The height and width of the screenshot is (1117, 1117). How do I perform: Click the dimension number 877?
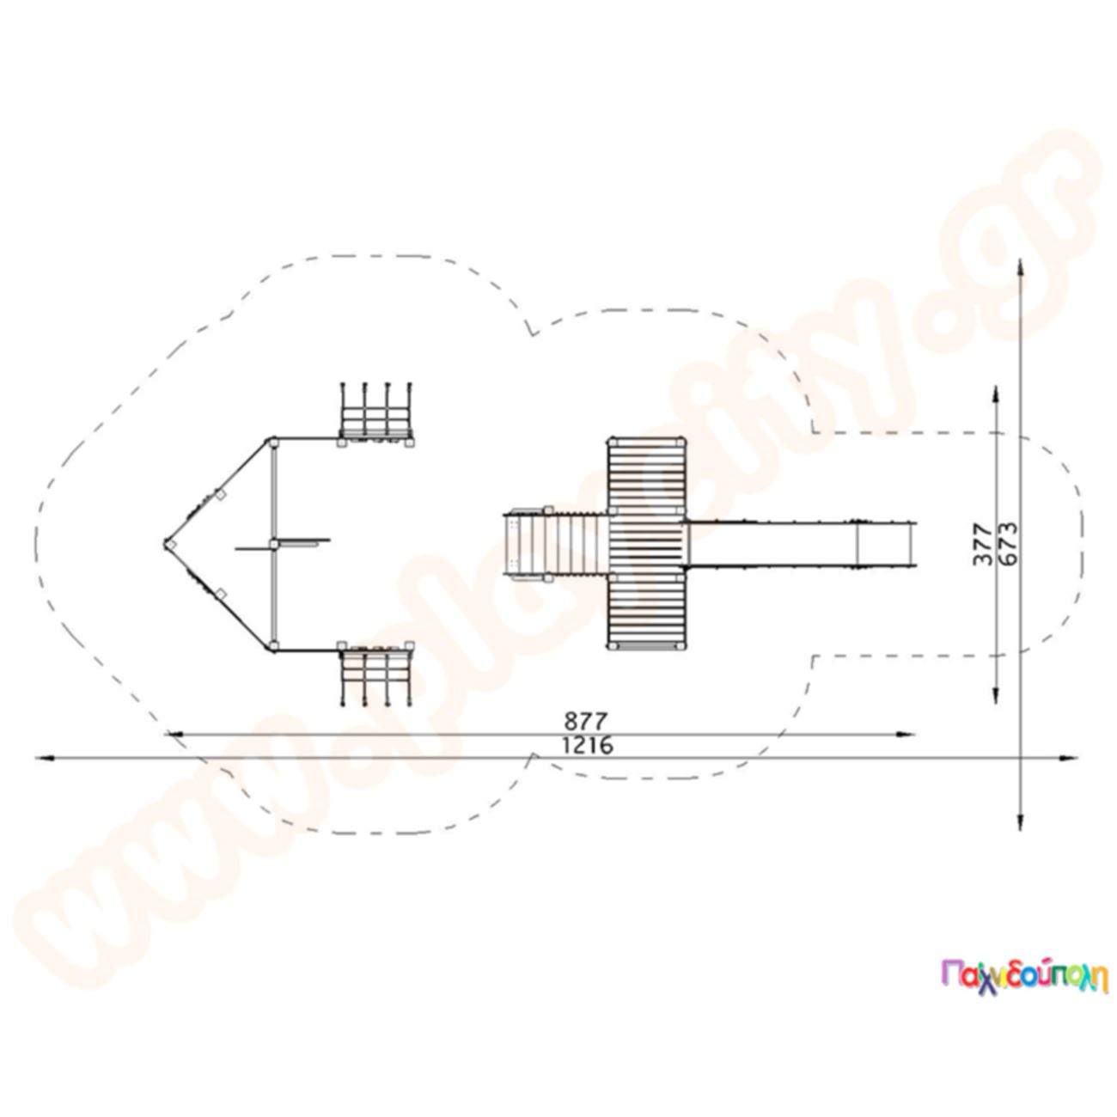pos(586,721)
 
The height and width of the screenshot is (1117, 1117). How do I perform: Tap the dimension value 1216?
pos(587,746)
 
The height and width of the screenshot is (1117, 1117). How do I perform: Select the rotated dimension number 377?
pos(982,544)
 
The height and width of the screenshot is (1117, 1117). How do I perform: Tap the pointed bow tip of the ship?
pos(165,544)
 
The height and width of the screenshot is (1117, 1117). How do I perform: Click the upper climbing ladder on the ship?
pos(375,413)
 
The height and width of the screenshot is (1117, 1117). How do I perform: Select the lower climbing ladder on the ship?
pos(375,674)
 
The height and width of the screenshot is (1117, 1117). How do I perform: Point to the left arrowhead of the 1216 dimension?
pos(44,758)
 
